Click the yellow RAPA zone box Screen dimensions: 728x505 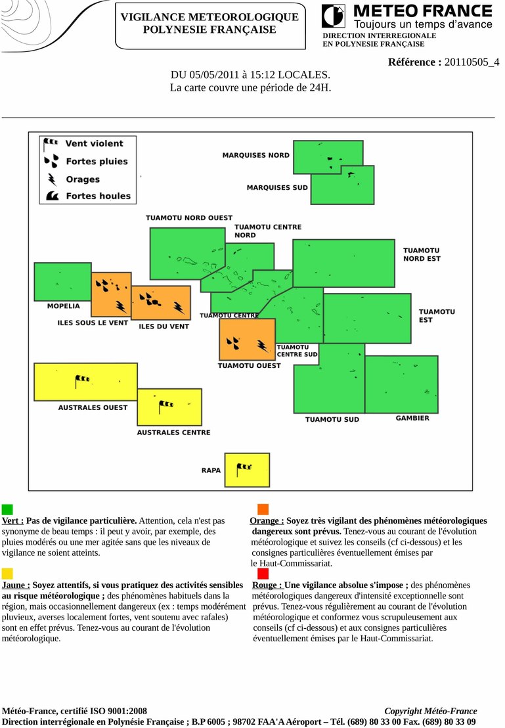coord(247,470)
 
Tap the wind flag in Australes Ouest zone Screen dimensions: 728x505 coord(82,379)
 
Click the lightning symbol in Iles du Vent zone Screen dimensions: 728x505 coord(179,307)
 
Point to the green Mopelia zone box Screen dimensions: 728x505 coord(62,281)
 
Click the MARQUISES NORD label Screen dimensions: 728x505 coord(255,156)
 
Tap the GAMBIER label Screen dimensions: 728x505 coord(412,419)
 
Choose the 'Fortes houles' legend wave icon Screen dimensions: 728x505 coord(53,196)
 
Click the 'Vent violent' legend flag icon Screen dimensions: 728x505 coord(50,143)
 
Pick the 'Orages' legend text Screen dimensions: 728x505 coord(83,179)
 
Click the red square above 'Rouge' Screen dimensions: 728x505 coord(263,574)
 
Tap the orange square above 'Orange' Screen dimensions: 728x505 coord(263,509)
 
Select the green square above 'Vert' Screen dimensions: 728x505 coord(7,509)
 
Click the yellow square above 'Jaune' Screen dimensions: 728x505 coord(7,574)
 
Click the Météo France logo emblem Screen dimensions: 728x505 coord(333,16)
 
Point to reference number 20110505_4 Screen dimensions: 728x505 coord(472,62)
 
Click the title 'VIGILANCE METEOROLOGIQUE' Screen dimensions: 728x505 coord(209,17)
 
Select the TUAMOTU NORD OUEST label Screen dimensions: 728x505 coord(188,218)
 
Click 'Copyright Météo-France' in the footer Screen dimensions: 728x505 coord(430,711)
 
